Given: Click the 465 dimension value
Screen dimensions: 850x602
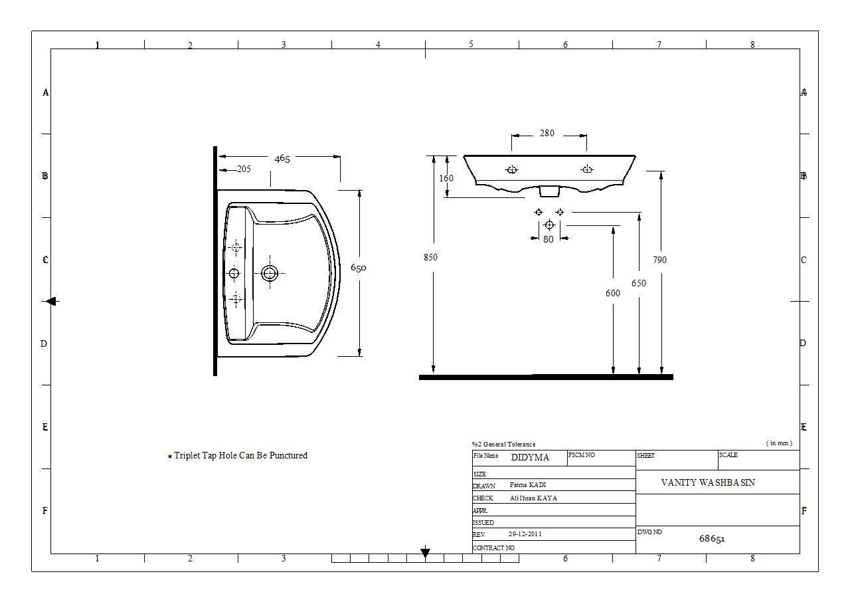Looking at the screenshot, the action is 282,158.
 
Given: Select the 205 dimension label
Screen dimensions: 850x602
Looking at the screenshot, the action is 244,169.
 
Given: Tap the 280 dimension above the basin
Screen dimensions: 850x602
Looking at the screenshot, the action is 547,133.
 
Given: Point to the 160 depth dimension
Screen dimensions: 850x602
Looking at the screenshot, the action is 446,178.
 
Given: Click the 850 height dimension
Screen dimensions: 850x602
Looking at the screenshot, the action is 430,257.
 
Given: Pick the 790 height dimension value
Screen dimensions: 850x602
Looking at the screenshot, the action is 659,260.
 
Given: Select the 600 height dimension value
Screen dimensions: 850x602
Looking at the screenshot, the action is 613,293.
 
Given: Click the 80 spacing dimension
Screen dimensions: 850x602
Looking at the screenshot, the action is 549,239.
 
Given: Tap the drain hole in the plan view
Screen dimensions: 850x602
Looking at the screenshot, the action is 270,273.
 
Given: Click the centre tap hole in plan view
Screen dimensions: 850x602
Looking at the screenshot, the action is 234,273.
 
